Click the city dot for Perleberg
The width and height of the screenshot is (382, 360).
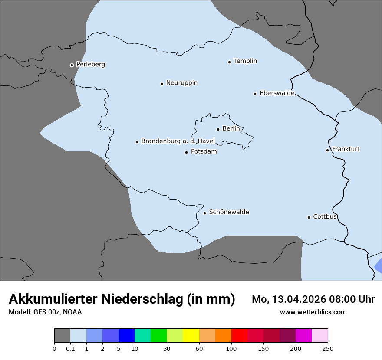(x=72, y=65)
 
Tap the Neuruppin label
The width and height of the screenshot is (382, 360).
(x=181, y=82)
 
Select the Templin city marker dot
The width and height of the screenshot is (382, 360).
(x=229, y=62)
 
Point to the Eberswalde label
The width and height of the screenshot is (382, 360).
(x=277, y=93)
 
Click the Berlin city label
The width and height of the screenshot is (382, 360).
(x=231, y=128)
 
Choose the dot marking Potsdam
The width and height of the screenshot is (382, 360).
(x=186, y=152)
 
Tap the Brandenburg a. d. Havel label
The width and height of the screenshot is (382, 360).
(x=178, y=141)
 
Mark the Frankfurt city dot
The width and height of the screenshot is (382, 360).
(x=327, y=150)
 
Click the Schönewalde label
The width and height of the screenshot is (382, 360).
(x=229, y=212)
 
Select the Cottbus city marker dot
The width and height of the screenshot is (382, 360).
(x=309, y=217)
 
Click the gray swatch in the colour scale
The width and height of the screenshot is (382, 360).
(x=62, y=336)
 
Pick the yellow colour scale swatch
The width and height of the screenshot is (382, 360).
(x=191, y=336)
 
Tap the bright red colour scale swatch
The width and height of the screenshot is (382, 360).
(x=239, y=336)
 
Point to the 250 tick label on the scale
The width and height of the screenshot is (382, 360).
(x=328, y=348)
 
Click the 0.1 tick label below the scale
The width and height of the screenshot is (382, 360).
(x=70, y=348)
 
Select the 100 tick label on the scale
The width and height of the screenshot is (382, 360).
(x=231, y=348)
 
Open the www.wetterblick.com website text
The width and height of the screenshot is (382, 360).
(x=313, y=312)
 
